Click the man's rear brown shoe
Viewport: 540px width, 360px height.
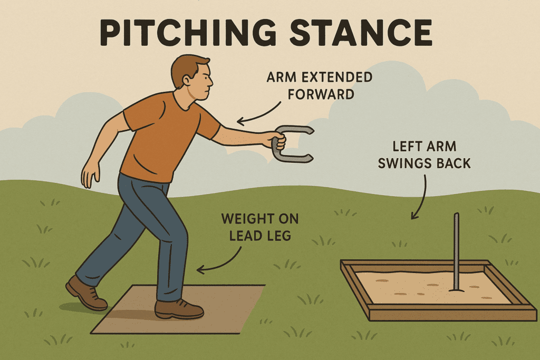click(85, 293)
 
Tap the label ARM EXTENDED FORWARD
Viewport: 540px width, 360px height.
click(319, 85)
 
